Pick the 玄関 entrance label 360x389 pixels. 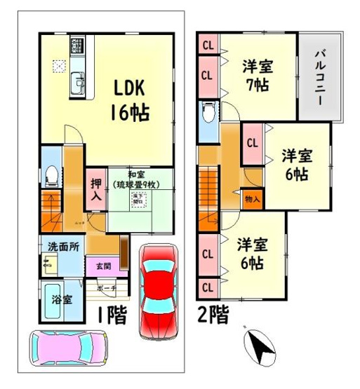coord(95,266)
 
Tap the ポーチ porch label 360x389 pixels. coord(107,287)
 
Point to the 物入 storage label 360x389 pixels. coord(253,199)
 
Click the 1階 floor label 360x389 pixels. coord(109,315)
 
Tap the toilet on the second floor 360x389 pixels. coord(208,112)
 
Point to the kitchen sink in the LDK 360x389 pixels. coord(77,87)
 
